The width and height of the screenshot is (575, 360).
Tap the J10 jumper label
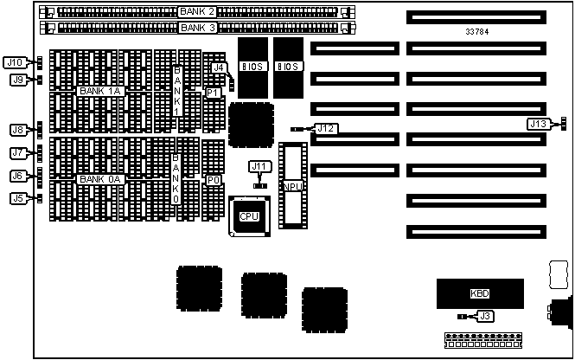tap(15, 62)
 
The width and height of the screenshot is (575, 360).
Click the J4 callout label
tap(220, 67)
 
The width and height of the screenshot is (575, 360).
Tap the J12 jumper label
tap(325, 128)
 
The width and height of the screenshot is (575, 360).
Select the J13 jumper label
tap(538, 124)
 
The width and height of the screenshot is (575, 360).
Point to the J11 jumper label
tap(259, 166)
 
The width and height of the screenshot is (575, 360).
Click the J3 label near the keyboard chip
tap(485, 317)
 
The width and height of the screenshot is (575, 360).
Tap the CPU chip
tap(249, 215)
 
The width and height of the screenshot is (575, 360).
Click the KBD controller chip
tap(479, 293)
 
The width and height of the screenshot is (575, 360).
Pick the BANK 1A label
tap(100, 91)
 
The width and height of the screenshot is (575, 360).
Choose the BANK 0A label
tap(100, 179)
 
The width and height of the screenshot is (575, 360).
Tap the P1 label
tap(213, 92)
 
